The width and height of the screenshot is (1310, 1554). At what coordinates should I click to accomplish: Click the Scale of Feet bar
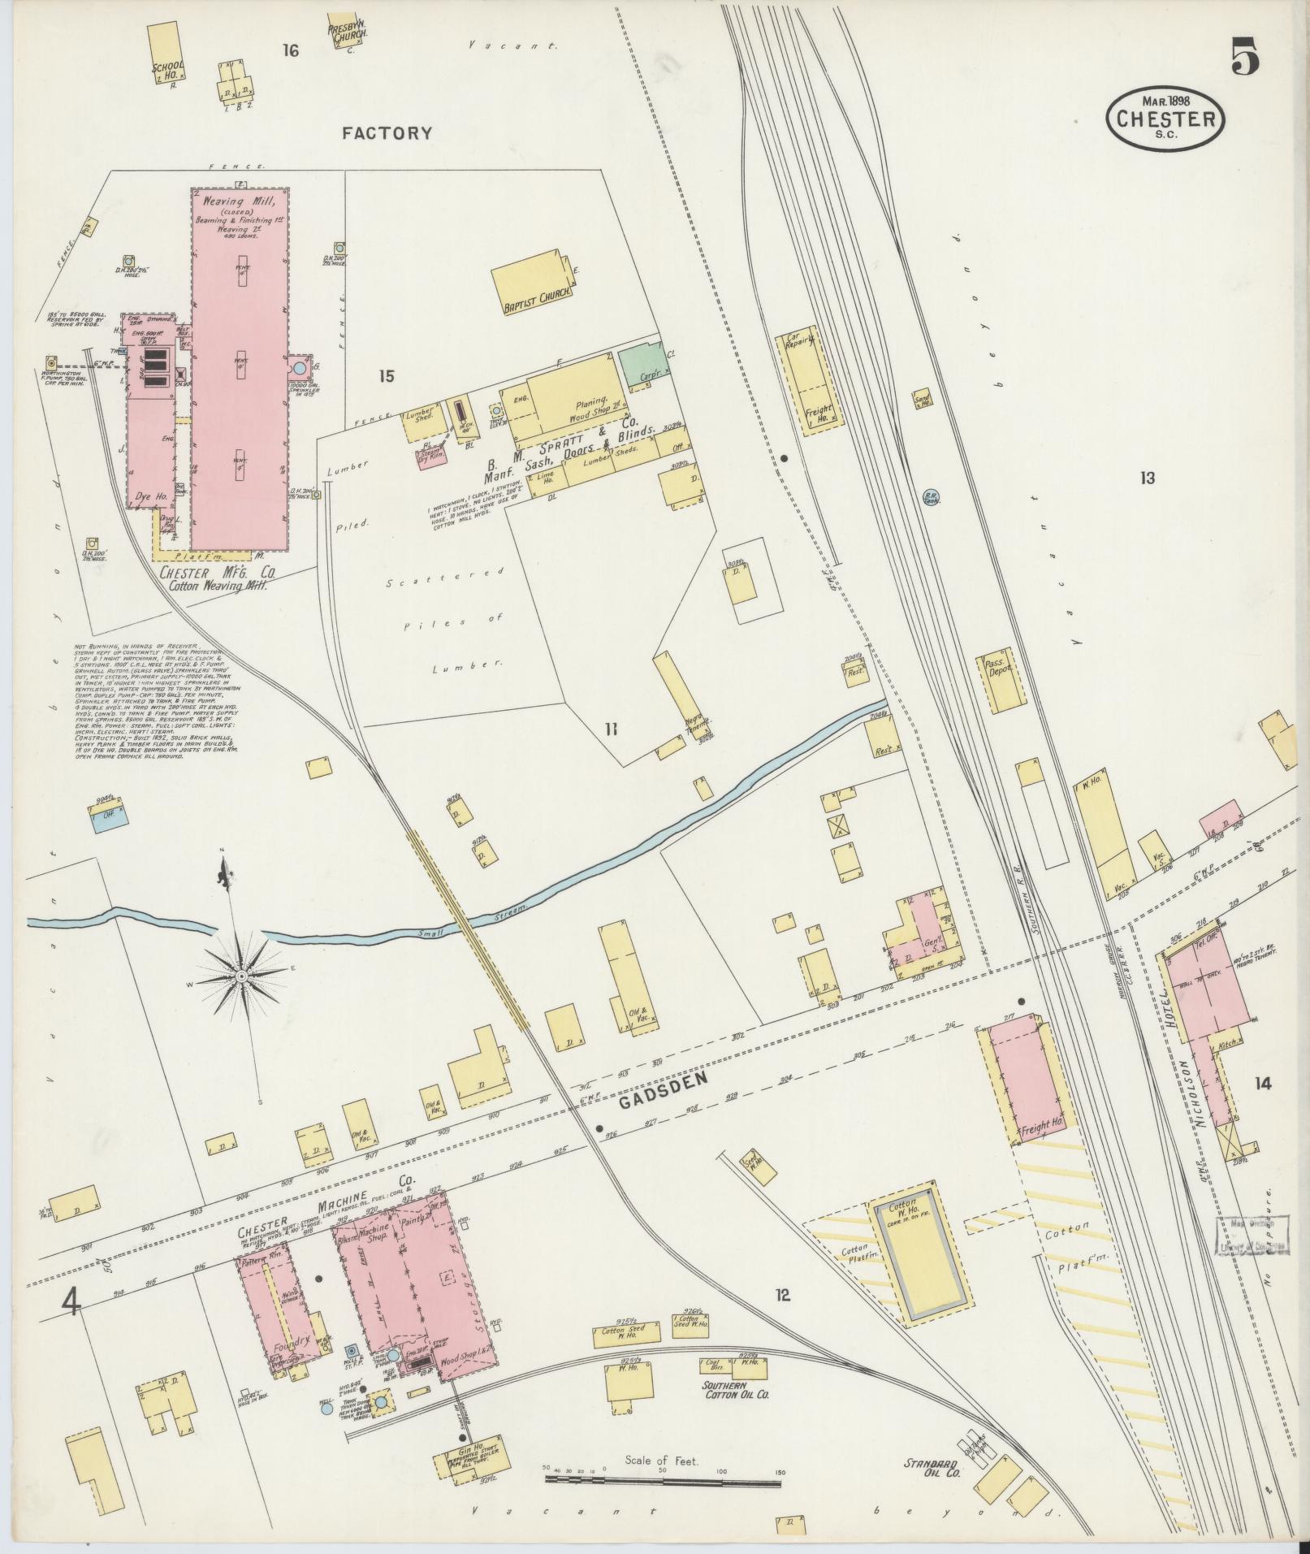click(x=662, y=1481)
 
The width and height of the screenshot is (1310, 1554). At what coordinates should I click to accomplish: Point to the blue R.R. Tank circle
click(x=930, y=495)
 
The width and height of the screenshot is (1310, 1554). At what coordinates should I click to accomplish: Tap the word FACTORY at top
click(x=387, y=133)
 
